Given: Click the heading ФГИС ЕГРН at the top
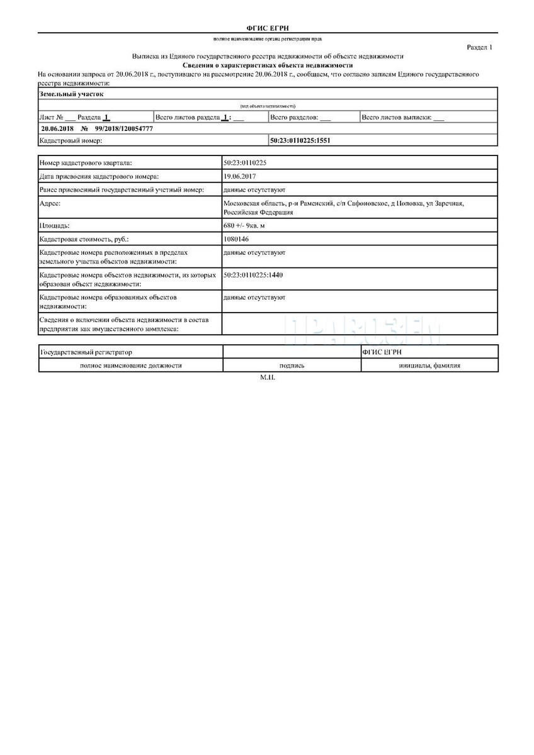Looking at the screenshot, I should pos(268,28).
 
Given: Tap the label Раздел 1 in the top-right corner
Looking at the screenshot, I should pos(480,47).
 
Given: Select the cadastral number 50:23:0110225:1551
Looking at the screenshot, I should pos(300,141).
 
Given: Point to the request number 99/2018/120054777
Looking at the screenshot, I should pos(124,128).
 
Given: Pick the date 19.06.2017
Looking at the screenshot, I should pos(239,176).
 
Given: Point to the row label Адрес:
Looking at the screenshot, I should pos(50,203).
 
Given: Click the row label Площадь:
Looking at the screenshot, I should pos(55,225).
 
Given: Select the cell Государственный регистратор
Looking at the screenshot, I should pos(86,352).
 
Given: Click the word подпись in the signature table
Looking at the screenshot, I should pos(292,365).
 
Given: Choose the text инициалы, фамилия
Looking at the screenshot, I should pos(429,365).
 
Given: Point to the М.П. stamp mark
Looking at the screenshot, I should pos(268,377).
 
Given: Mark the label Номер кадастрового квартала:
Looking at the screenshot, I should pos(86,163).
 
